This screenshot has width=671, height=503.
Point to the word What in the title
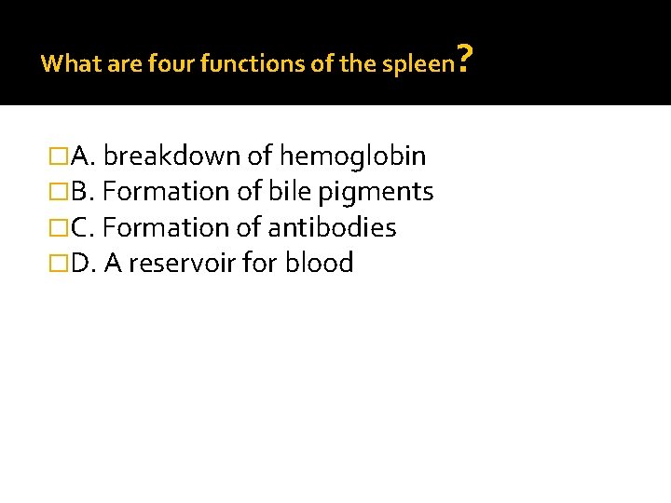pyautogui.click(x=64, y=63)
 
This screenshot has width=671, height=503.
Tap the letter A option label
pyautogui.click(x=79, y=156)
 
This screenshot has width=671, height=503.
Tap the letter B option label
pyautogui.click(x=79, y=192)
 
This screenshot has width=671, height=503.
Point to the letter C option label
pyautogui.click(x=79, y=228)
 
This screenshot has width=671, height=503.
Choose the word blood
pyautogui.click(x=320, y=265)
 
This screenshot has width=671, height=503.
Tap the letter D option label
pyautogui.click(x=80, y=265)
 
